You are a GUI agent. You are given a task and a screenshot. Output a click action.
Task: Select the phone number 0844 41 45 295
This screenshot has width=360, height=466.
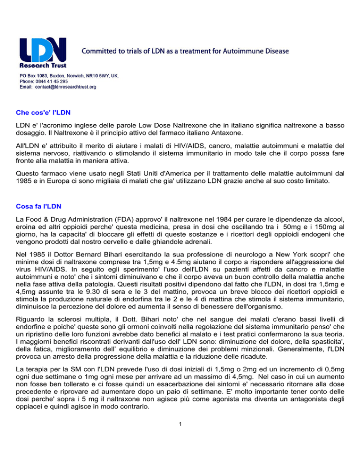coord(58,81)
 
